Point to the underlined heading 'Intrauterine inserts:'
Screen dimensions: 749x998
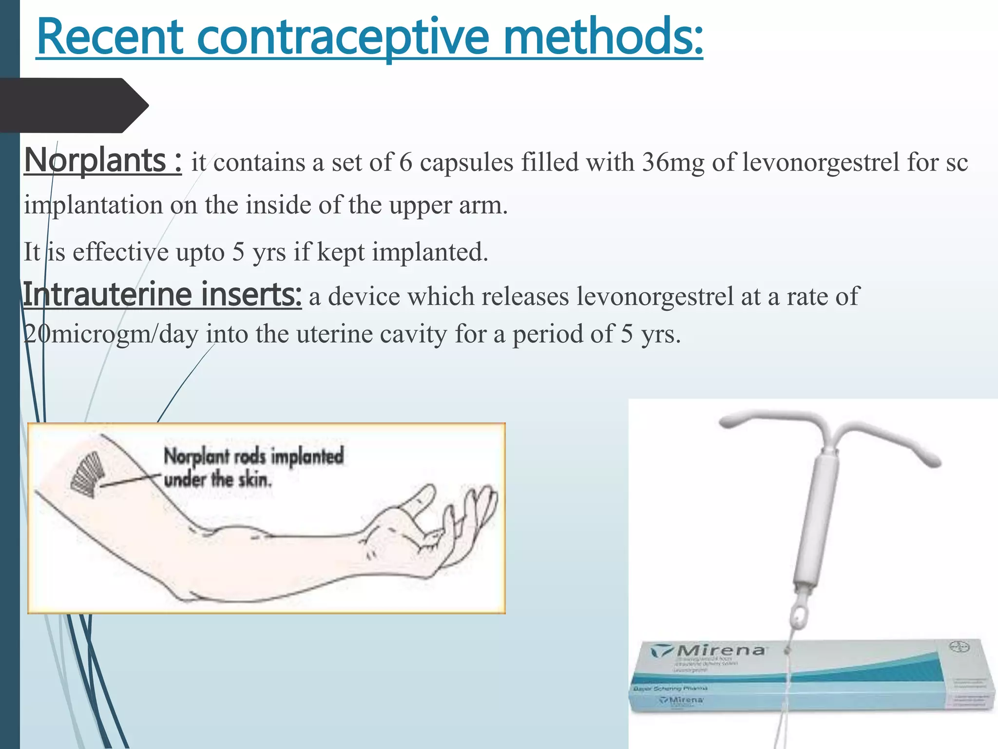pyautogui.click(x=162, y=295)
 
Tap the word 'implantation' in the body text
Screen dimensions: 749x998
pyautogui.click(x=93, y=205)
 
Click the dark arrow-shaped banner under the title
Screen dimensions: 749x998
pyautogui.click(x=73, y=105)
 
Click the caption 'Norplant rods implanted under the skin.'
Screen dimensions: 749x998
pyautogui.click(x=253, y=467)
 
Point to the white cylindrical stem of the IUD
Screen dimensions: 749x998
pyautogui.click(x=816, y=517)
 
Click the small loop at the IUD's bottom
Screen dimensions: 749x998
pyautogui.click(x=799, y=618)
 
